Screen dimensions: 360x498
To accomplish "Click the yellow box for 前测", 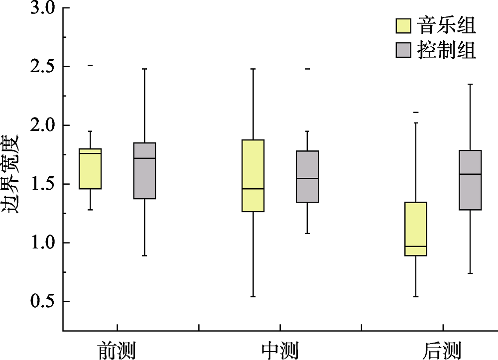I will [x=91, y=169].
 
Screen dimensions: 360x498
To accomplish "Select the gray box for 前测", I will [x=144, y=171].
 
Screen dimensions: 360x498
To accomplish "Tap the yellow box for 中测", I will [x=253, y=176].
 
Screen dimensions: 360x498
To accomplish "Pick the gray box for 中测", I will [x=307, y=177].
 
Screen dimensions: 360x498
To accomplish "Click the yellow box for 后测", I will [x=416, y=229].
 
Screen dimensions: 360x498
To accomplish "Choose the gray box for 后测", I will [x=470, y=180].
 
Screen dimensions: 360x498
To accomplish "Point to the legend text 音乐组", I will [x=447, y=25].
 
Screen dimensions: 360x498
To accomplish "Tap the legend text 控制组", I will [x=447, y=50].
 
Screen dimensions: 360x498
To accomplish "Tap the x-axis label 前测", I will [x=117, y=350].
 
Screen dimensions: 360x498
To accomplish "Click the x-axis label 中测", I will [x=280, y=350].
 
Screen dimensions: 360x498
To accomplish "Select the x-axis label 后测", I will [x=442, y=350].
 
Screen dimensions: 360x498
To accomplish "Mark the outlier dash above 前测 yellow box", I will [x=91, y=65].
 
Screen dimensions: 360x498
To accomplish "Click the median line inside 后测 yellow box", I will [x=416, y=246].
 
